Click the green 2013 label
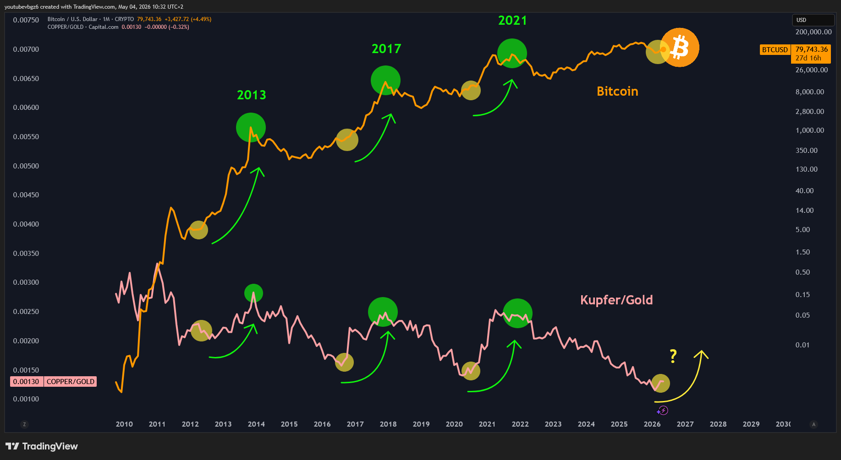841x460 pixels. coord(251,95)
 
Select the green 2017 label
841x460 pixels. coord(386,49)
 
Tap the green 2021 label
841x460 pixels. coord(512,20)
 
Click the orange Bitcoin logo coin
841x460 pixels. coord(680,48)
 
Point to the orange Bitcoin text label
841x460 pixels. coord(617,91)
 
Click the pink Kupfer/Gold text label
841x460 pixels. coord(616,300)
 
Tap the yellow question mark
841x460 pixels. coord(673,356)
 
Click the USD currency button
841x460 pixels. coord(813,20)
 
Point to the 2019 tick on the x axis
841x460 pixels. coord(421,424)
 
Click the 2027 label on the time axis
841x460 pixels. coord(685,424)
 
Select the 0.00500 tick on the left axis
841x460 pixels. coord(26,166)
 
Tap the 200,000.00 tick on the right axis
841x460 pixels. coord(814,32)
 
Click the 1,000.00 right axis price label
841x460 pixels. coord(810,130)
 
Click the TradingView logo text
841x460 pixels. coord(50,446)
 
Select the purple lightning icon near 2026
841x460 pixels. coord(663,410)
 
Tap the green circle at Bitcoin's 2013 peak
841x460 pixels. coord(251,127)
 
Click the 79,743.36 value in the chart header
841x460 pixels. coord(149,19)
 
